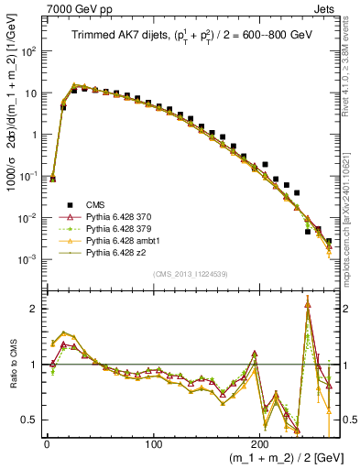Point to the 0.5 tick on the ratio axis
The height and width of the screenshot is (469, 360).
[x=32, y=420]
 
